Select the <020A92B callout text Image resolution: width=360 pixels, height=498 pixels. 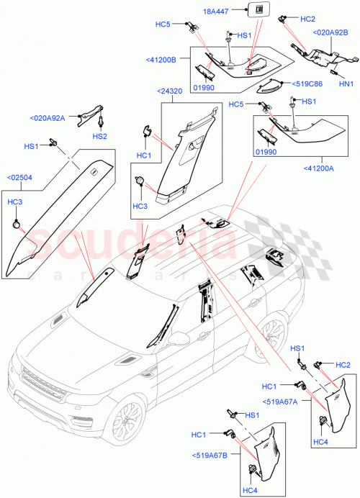[330, 32]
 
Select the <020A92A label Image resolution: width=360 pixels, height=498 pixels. [48, 118]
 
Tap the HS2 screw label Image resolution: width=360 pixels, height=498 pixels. [99, 136]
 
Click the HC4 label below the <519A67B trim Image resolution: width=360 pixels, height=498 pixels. [251, 492]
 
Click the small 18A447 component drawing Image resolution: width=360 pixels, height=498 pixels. [256, 9]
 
